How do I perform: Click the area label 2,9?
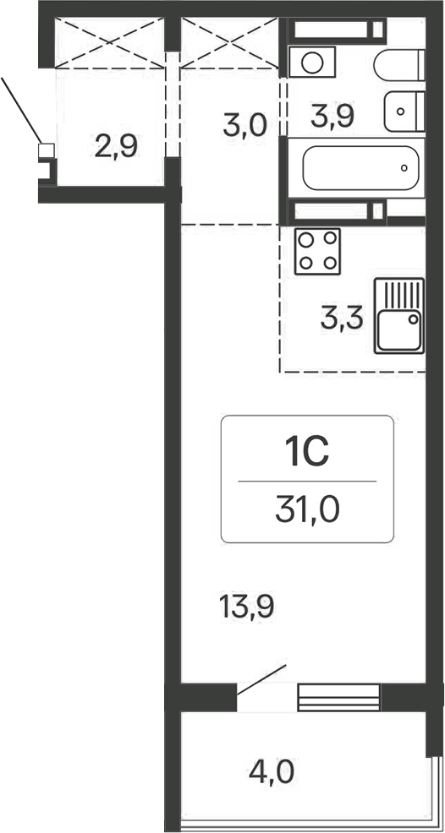[117, 148]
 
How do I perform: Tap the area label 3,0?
[245, 127]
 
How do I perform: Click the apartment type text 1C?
[306, 455]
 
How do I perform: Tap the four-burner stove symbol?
[317, 250]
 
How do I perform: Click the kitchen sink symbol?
[399, 315]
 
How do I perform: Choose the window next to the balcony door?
[338, 697]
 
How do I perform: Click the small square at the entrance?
[46, 151]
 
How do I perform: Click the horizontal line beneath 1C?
[306, 482]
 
